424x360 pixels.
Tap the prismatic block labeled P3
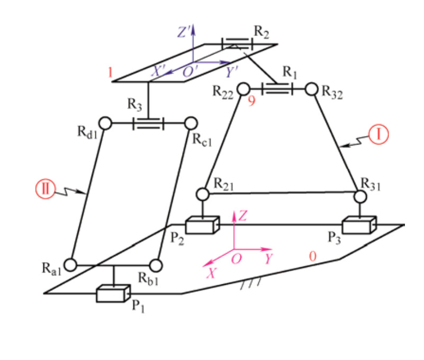click(x=359, y=225)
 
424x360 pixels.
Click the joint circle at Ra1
click(x=70, y=263)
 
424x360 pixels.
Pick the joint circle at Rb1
click(x=156, y=264)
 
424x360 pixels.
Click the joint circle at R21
click(x=202, y=194)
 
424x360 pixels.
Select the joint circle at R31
click(x=360, y=196)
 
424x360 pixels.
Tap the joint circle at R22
click(x=243, y=88)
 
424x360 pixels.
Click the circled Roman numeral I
click(x=379, y=135)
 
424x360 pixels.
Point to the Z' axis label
click(x=183, y=32)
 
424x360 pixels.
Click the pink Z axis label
click(x=242, y=215)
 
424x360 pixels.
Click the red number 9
click(x=251, y=101)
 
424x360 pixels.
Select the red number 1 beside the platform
click(x=110, y=73)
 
